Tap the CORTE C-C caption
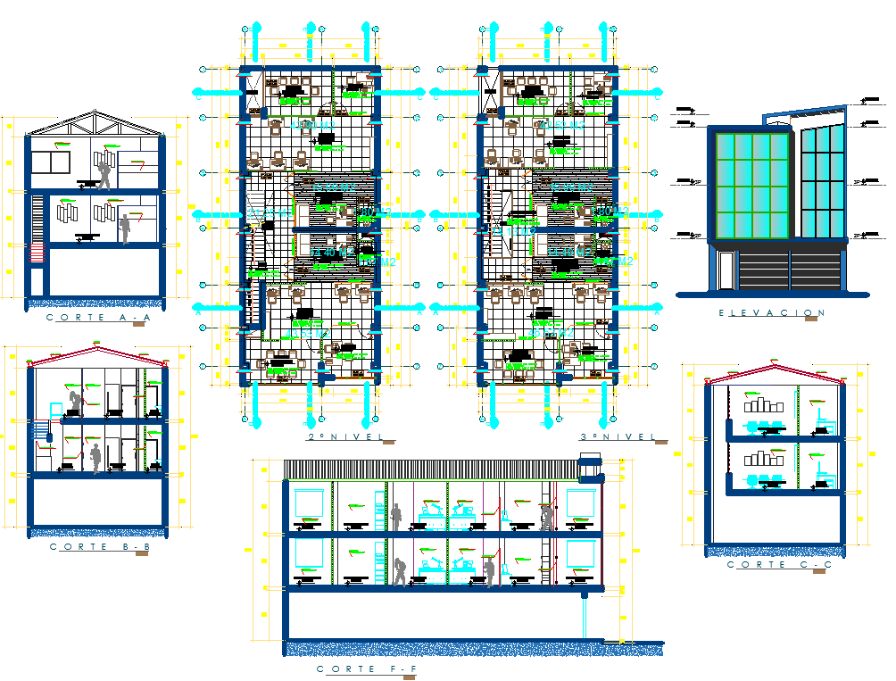point(767,565)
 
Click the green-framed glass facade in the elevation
point(750,185)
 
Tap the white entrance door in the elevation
point(726,269)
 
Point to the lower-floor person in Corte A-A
point(125,228)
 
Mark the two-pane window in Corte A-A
point(50,163)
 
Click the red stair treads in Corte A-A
point(37,255)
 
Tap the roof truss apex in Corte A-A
point(96,114)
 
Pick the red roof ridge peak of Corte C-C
point(774,366)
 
